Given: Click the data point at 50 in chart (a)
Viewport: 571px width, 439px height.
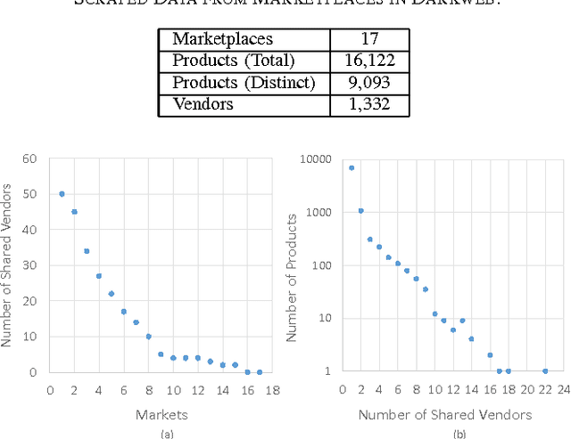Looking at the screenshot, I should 62,194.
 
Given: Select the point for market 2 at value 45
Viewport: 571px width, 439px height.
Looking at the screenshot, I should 74,212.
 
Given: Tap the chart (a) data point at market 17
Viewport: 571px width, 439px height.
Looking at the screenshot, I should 260,372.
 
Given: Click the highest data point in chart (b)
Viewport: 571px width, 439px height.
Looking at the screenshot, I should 352,167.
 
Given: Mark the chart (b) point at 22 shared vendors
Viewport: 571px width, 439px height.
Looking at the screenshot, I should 544,371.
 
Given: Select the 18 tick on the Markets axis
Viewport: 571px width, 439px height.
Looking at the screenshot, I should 272,389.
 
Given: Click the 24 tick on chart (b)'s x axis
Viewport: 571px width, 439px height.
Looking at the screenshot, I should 563,389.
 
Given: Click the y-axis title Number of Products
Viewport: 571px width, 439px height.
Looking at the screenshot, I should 291,265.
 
